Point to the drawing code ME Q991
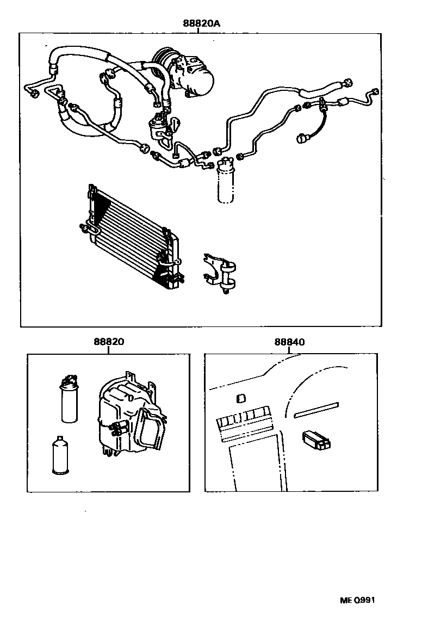tap(357, 600)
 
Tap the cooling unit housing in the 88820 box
tap(128, 416)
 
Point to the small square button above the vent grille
tap(240, 399)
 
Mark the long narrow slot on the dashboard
tap(316, 410)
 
